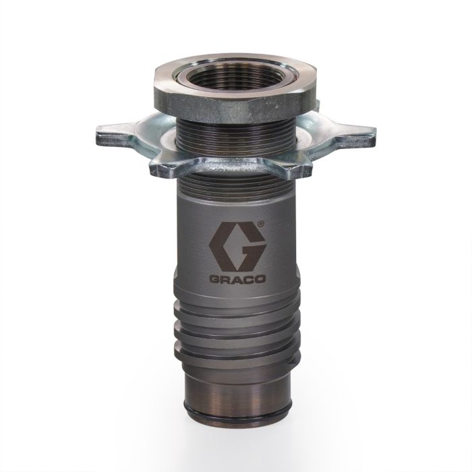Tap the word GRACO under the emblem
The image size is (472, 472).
point(237,278)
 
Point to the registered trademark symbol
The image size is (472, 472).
point(262,224)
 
